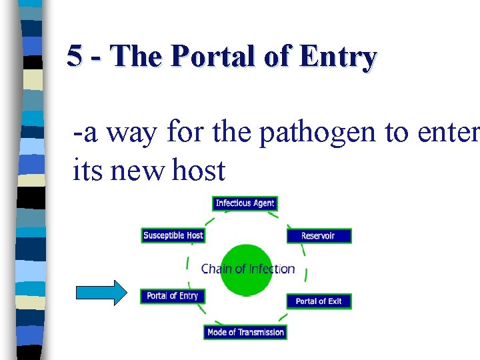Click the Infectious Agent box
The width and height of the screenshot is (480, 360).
tap(245, 203)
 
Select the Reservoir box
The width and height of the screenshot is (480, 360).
tap(318, 235)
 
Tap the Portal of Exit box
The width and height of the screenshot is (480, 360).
tap(319, 301)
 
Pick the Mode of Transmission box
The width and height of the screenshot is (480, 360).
tap(245, 332)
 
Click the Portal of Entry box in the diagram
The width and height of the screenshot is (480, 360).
tap(172, 295)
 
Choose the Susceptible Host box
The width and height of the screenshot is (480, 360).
tap(173, 235)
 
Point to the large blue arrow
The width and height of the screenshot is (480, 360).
tap(101, 293)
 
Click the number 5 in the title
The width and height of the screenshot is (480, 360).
tap(75, 57)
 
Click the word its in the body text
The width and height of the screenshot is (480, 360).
tap(87, 171)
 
